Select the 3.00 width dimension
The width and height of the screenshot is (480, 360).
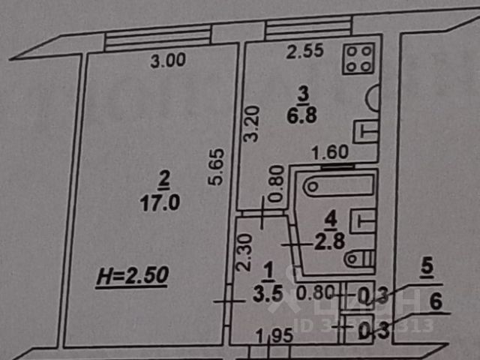166,63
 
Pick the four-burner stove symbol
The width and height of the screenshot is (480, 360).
358,58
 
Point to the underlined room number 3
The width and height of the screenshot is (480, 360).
303,93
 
